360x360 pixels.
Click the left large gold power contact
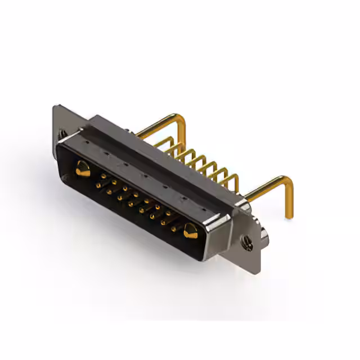pyautogui.click(x=83, y=168)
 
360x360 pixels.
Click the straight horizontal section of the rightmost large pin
pyautogui.click(x=264, y=189)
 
